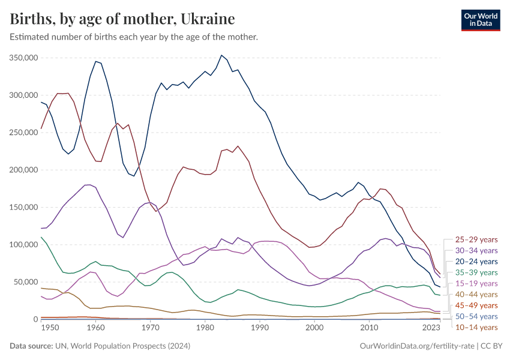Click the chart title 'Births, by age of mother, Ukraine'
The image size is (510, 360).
(x=122, y=19)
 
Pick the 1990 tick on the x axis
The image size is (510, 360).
(x=260, y=328)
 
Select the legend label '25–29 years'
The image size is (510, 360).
(x=476, y=240)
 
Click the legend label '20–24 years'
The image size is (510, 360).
(x=476, y=262)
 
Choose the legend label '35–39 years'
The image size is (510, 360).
(x=476, y=272)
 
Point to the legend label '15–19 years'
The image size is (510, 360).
(x=476, y=283)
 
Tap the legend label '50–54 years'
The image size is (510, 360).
(x=476, y=316)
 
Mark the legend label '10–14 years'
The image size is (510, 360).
(x=476, y=327)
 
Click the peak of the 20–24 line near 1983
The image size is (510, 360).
(x=221, y=55)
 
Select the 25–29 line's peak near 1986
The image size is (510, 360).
(x=238, y=146)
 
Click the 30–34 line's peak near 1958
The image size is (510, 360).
(x=88, y=185)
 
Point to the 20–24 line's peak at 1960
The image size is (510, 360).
(x=95, y=61)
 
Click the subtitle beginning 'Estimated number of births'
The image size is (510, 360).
(x=134, y=37)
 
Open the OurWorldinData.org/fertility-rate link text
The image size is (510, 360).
(x=418, y=346)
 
